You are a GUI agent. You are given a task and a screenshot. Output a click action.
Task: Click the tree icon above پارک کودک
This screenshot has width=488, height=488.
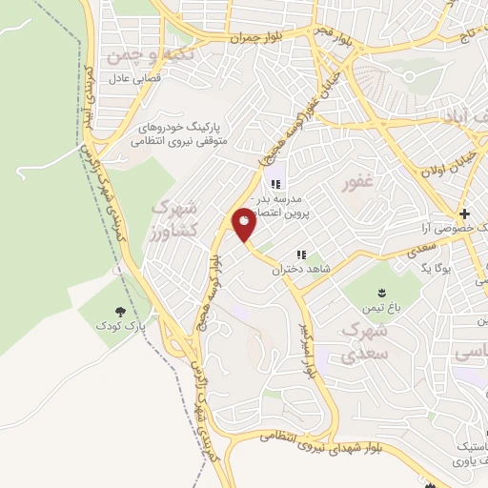(x=120, y=311)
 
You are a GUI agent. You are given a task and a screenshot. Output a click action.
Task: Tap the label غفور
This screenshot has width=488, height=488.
(x=359, y=181)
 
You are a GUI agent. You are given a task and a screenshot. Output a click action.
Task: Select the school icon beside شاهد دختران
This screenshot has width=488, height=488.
(x=301, y=254)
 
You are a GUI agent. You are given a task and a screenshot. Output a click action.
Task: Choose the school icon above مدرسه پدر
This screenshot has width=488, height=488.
(x=274, y=184)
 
